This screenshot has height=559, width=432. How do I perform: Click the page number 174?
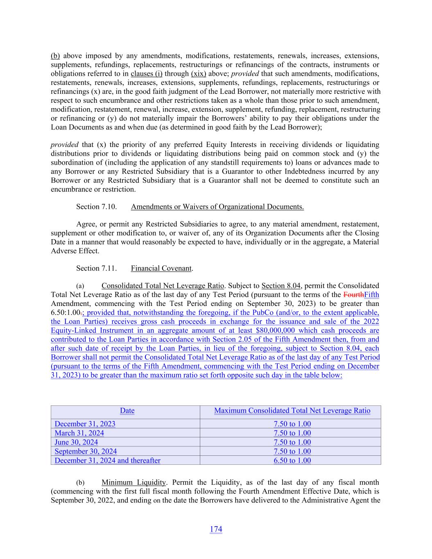(216, 529)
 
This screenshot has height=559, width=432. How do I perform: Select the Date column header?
(127, 411)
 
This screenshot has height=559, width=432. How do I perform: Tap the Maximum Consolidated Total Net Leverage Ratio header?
(292, 411)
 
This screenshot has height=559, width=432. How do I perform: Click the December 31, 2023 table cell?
(85, 424)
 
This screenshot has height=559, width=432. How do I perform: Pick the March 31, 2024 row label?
(79, 433)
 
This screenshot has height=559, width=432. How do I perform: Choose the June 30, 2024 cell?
(76, 442)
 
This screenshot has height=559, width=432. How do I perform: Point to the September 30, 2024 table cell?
(86, 451)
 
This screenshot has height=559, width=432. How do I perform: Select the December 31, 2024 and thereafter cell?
(107, 460)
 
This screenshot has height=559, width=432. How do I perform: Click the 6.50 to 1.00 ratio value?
(292, 460)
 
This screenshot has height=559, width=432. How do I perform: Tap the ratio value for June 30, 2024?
(292, 442)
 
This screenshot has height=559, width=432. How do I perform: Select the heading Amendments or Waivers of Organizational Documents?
(217, 207)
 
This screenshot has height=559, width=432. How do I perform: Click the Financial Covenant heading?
(161, 268)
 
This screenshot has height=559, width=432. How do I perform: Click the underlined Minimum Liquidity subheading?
(133, 482)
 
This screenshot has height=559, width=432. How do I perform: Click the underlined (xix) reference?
(198, 74)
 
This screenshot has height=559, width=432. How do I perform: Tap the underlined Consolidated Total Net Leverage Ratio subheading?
(163, 286)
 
